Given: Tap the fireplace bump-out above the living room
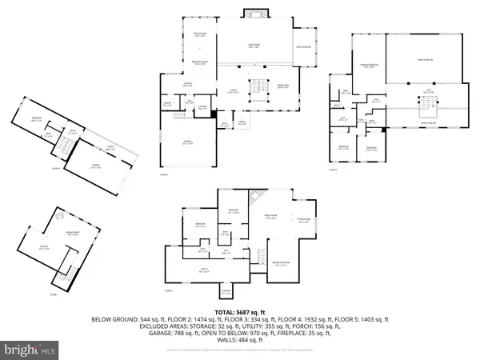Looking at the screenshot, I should pos(255,14).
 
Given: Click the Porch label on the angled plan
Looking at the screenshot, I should pos(108,149).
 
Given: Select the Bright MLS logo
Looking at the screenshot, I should pos(31,349).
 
